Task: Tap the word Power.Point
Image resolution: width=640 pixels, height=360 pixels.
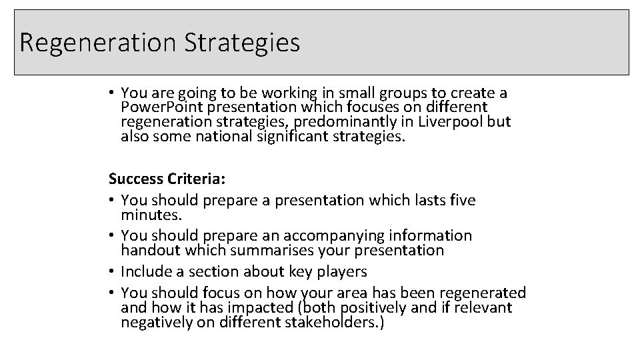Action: pyautogui.click(x=159, y=107)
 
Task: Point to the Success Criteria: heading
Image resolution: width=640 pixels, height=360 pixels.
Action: pyautogui.click(x=159, y=179)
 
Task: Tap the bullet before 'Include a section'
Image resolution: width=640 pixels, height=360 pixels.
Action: pyautogui.click(x=113, y=272)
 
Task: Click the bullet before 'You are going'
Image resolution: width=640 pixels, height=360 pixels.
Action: pyautogui.click(x=113, y=93)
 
